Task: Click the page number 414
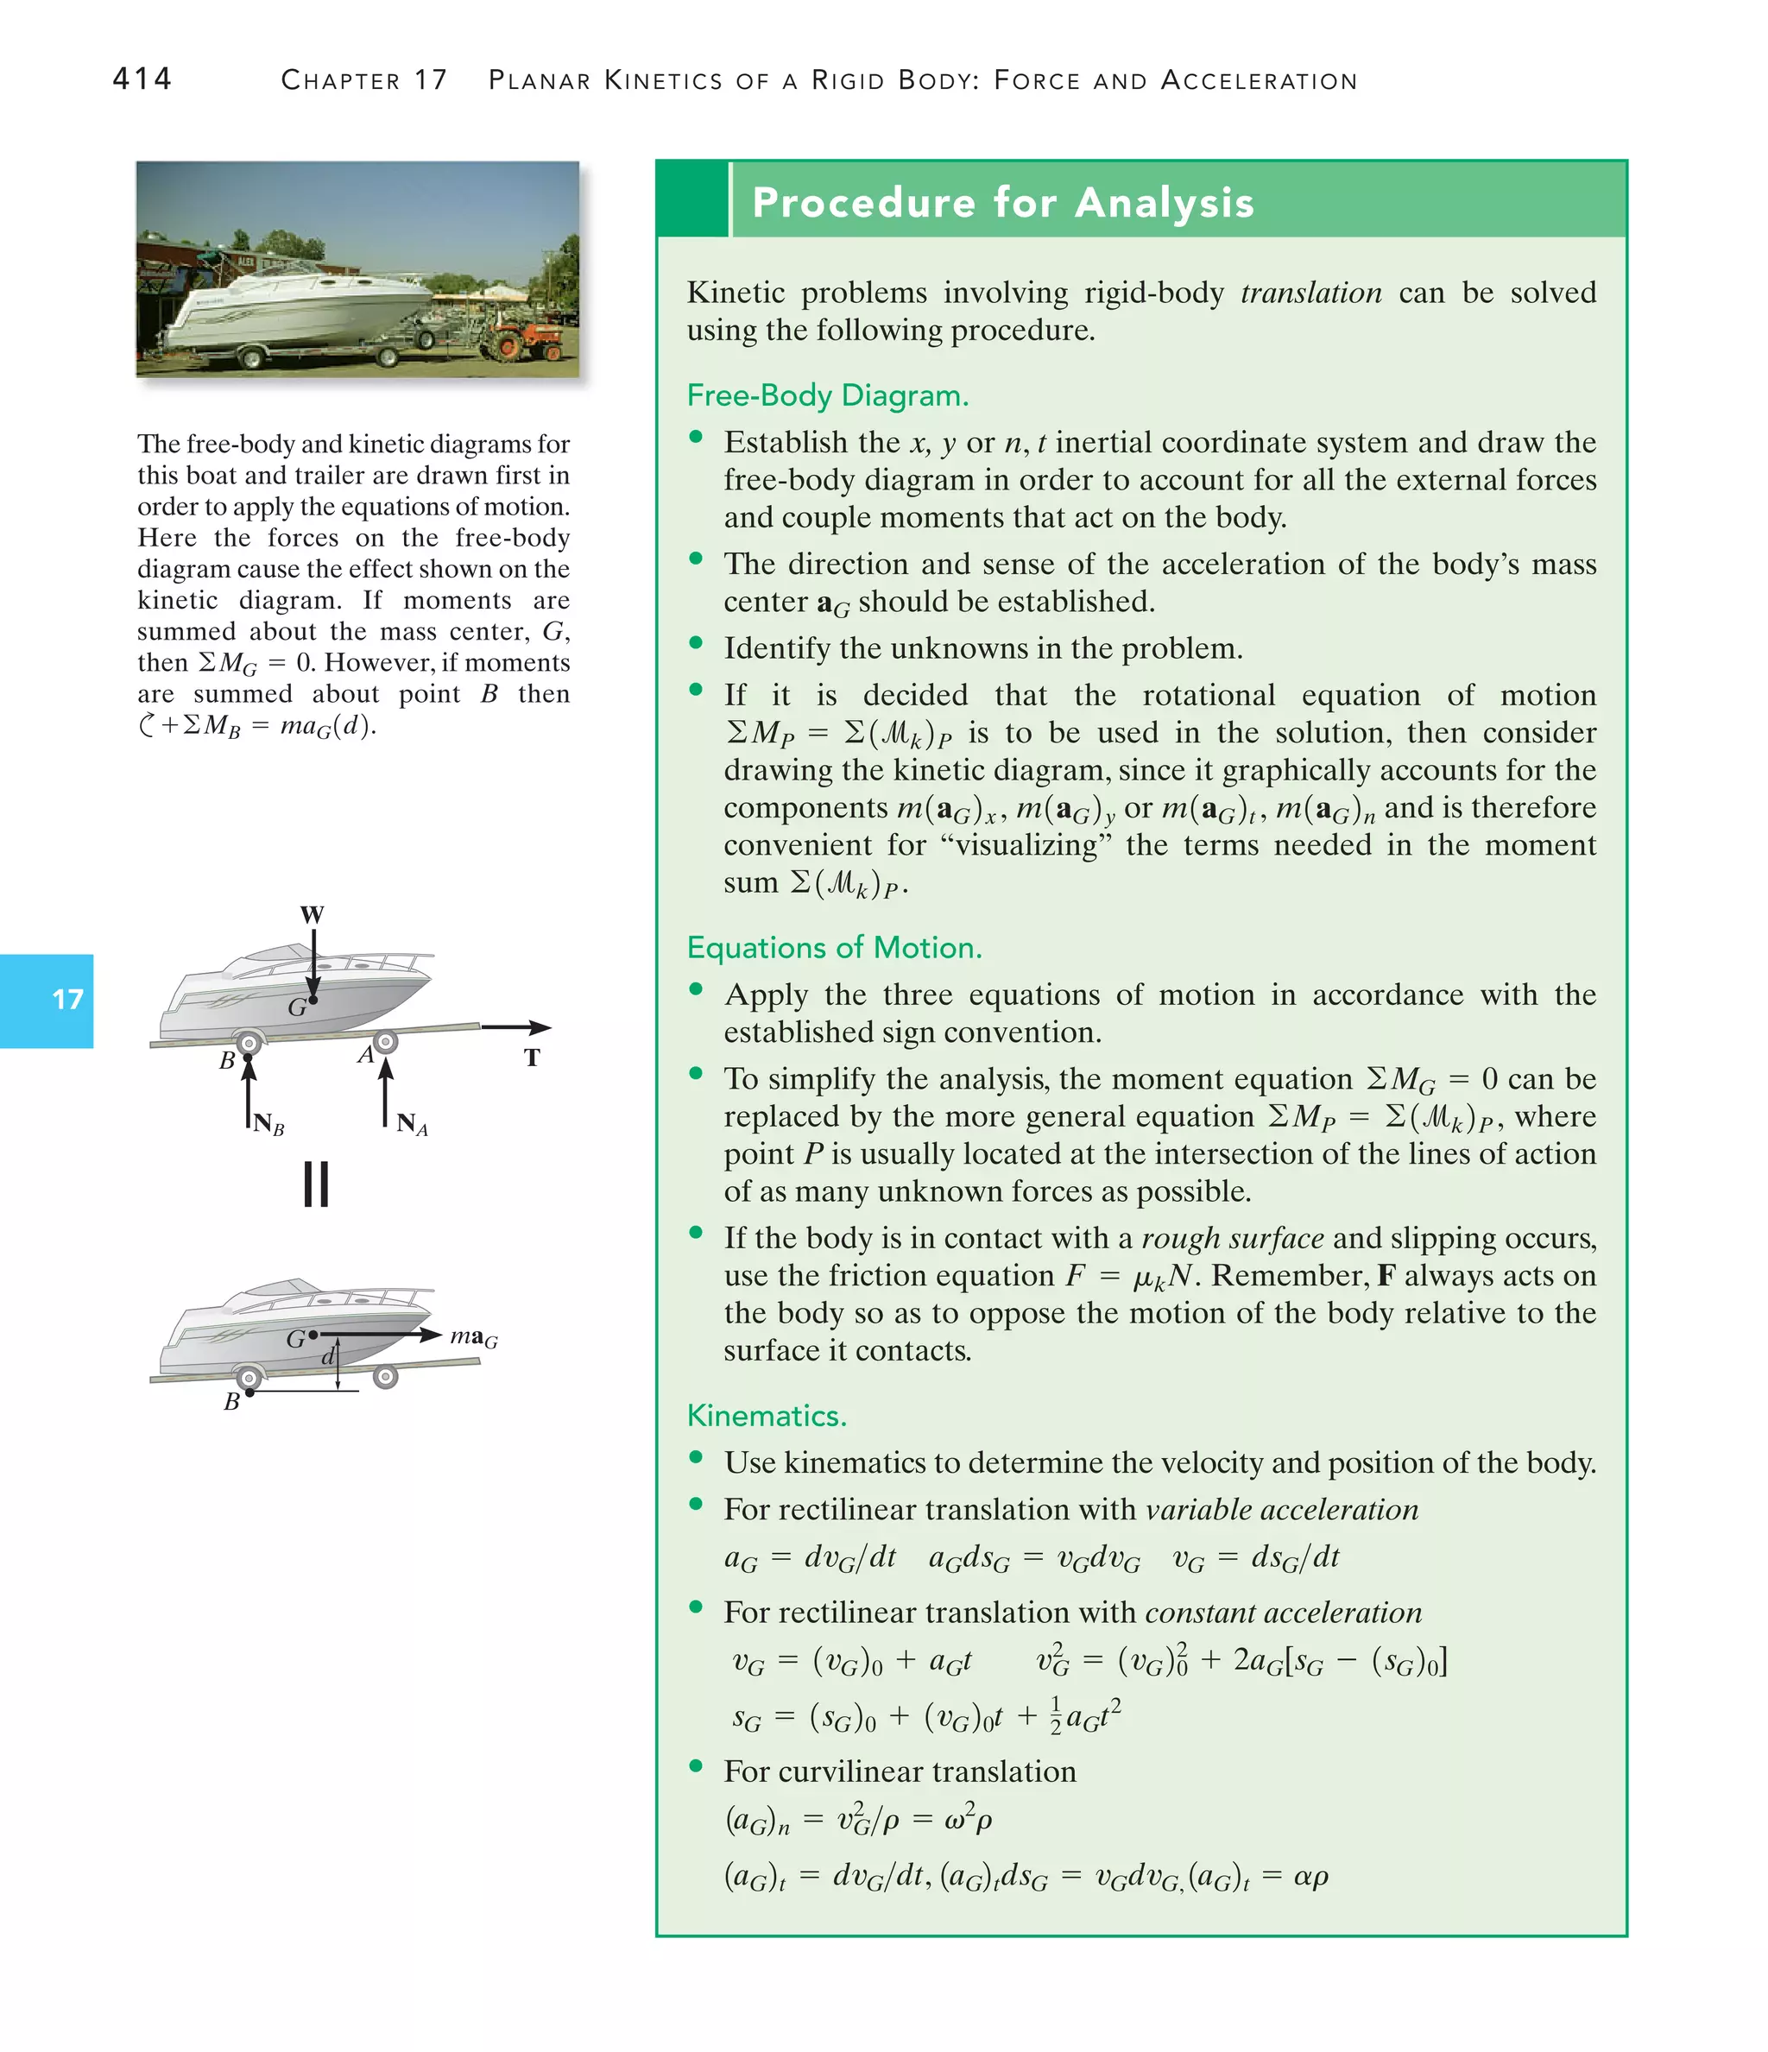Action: tap(142, 79)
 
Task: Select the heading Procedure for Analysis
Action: tap(1002, 202)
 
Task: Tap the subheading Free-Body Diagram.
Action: tap(827, 395)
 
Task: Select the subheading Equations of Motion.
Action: tap(834, 948)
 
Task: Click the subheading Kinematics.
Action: tap(767, 1415)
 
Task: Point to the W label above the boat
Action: tap(312, 914)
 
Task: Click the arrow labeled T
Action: tap(515, 1028)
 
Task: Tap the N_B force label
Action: tap(268, 1124)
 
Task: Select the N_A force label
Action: tap(411, 1124)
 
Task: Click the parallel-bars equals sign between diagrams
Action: tap(316, 1184)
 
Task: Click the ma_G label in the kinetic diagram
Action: tap(473, 1337)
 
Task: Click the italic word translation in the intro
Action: tap(1310, 294)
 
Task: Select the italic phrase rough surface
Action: tap(1232, 1238)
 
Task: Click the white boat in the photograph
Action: tap(297, 307)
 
